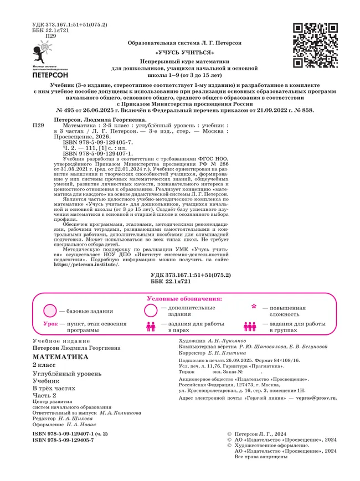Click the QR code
(x=315, y=45)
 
